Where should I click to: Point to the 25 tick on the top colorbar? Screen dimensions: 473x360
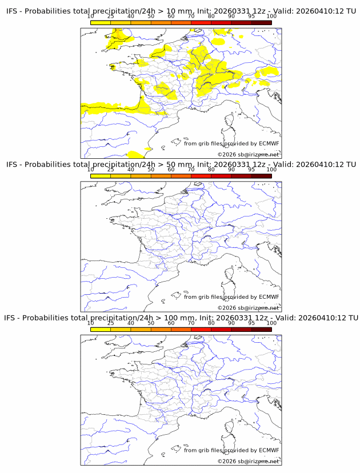[x=110, y=17]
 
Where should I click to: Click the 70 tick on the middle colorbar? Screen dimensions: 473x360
[x=191, y=170]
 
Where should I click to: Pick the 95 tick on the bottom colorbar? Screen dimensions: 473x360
[x=251, y=323]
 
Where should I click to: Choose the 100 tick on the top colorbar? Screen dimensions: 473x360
[x=271, y=17]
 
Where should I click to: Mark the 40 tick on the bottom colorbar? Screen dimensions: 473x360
[x=131, y=323]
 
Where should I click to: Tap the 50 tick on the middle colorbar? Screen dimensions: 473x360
[x=151, y=170]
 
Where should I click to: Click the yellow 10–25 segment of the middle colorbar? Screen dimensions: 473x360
[x=101, y=175]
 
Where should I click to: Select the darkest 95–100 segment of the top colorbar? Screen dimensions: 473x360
[x=261, y=22]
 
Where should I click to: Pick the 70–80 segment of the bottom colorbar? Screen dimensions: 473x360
[x=201, y=328]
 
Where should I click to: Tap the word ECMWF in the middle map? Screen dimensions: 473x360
[x=269, y=297]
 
